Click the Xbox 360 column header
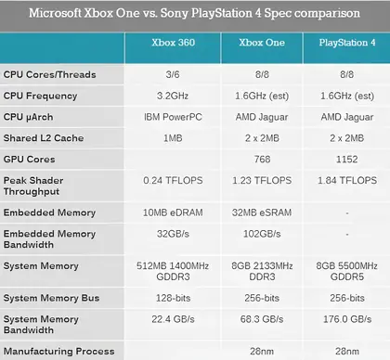(x=173, y=43)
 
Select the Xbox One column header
(x=262, y=43)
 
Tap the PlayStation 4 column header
(x=347, y=43)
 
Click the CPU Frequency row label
(x=40, y=96)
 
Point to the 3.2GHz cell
(x=173, y=96)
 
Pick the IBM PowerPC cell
(x=173, y=117)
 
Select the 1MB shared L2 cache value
(x=173, y=138)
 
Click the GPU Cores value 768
(x=262, y=160)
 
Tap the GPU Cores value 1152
(x=347, y=160)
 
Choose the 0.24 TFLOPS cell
(x=173, y=180)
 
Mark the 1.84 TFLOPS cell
(x=347, y=180)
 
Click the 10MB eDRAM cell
(x=173, y=212)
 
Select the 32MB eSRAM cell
(x=262, y=212)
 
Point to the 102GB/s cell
(x=262, y=234)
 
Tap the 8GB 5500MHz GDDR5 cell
(x=347, y=271)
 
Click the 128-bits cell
(x=174, y=298)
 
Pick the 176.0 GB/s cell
(x=347, y=319)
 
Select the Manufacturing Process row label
(x=58, y=352)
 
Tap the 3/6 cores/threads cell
(x=173, y=74)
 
